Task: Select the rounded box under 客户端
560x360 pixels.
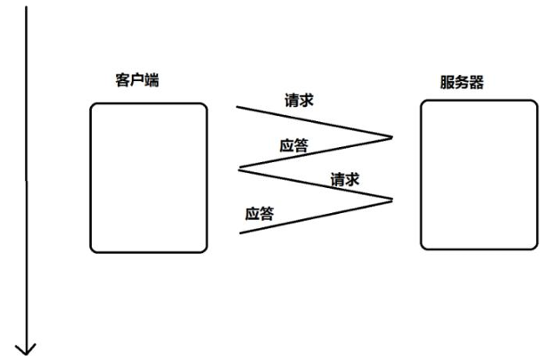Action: click(x=148, y=177)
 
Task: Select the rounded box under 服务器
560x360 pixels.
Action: click(x=479, y=174)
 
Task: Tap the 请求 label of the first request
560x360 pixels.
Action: click(x=298, y=101)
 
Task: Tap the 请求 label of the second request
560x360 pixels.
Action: click(x=344, y=179)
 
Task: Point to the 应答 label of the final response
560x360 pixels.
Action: click(x=259, y=214)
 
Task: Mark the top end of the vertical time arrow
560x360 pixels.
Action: click(x=26, y=7)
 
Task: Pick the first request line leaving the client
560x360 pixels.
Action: click(x=312, y=122)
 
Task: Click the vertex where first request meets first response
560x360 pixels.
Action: click(x=392, y=137)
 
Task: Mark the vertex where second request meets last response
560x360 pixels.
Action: click(x=392, y=199)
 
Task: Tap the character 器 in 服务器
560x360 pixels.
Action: click(x=477, y=83)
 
